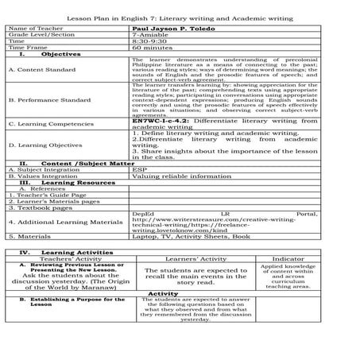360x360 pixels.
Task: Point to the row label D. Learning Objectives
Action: [x=42, y=145]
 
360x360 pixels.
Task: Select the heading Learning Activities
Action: [x=67, y=252]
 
